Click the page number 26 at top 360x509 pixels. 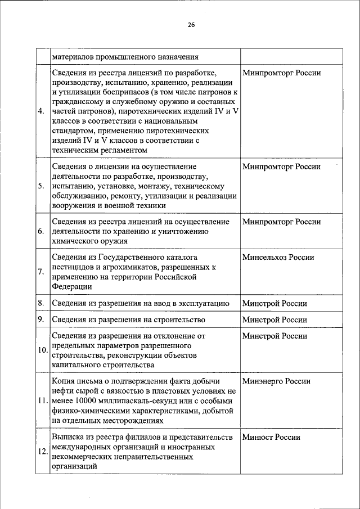(x=191, y=25)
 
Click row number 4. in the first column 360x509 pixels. (x=41, y=111)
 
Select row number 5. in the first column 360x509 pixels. (x=41, y=186)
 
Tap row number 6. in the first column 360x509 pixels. (x=41, y=231)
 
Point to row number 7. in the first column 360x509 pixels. (x=41, y=272)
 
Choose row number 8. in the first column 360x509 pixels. (x=41, y=303)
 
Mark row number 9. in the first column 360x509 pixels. (x=41, y=319)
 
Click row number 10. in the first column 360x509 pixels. (x=42, y=350)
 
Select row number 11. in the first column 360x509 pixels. (x=42, y=401)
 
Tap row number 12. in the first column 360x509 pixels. (x=42, y=453)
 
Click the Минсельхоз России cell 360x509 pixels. (x=278, y=258)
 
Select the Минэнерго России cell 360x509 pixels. (x=276, y=381)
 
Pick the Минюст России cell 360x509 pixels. (x=271, y=437)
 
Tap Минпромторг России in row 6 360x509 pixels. (x=281, y=222)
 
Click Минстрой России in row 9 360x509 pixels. (x=274, y=319)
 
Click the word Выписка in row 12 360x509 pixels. (x=69, y=437)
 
